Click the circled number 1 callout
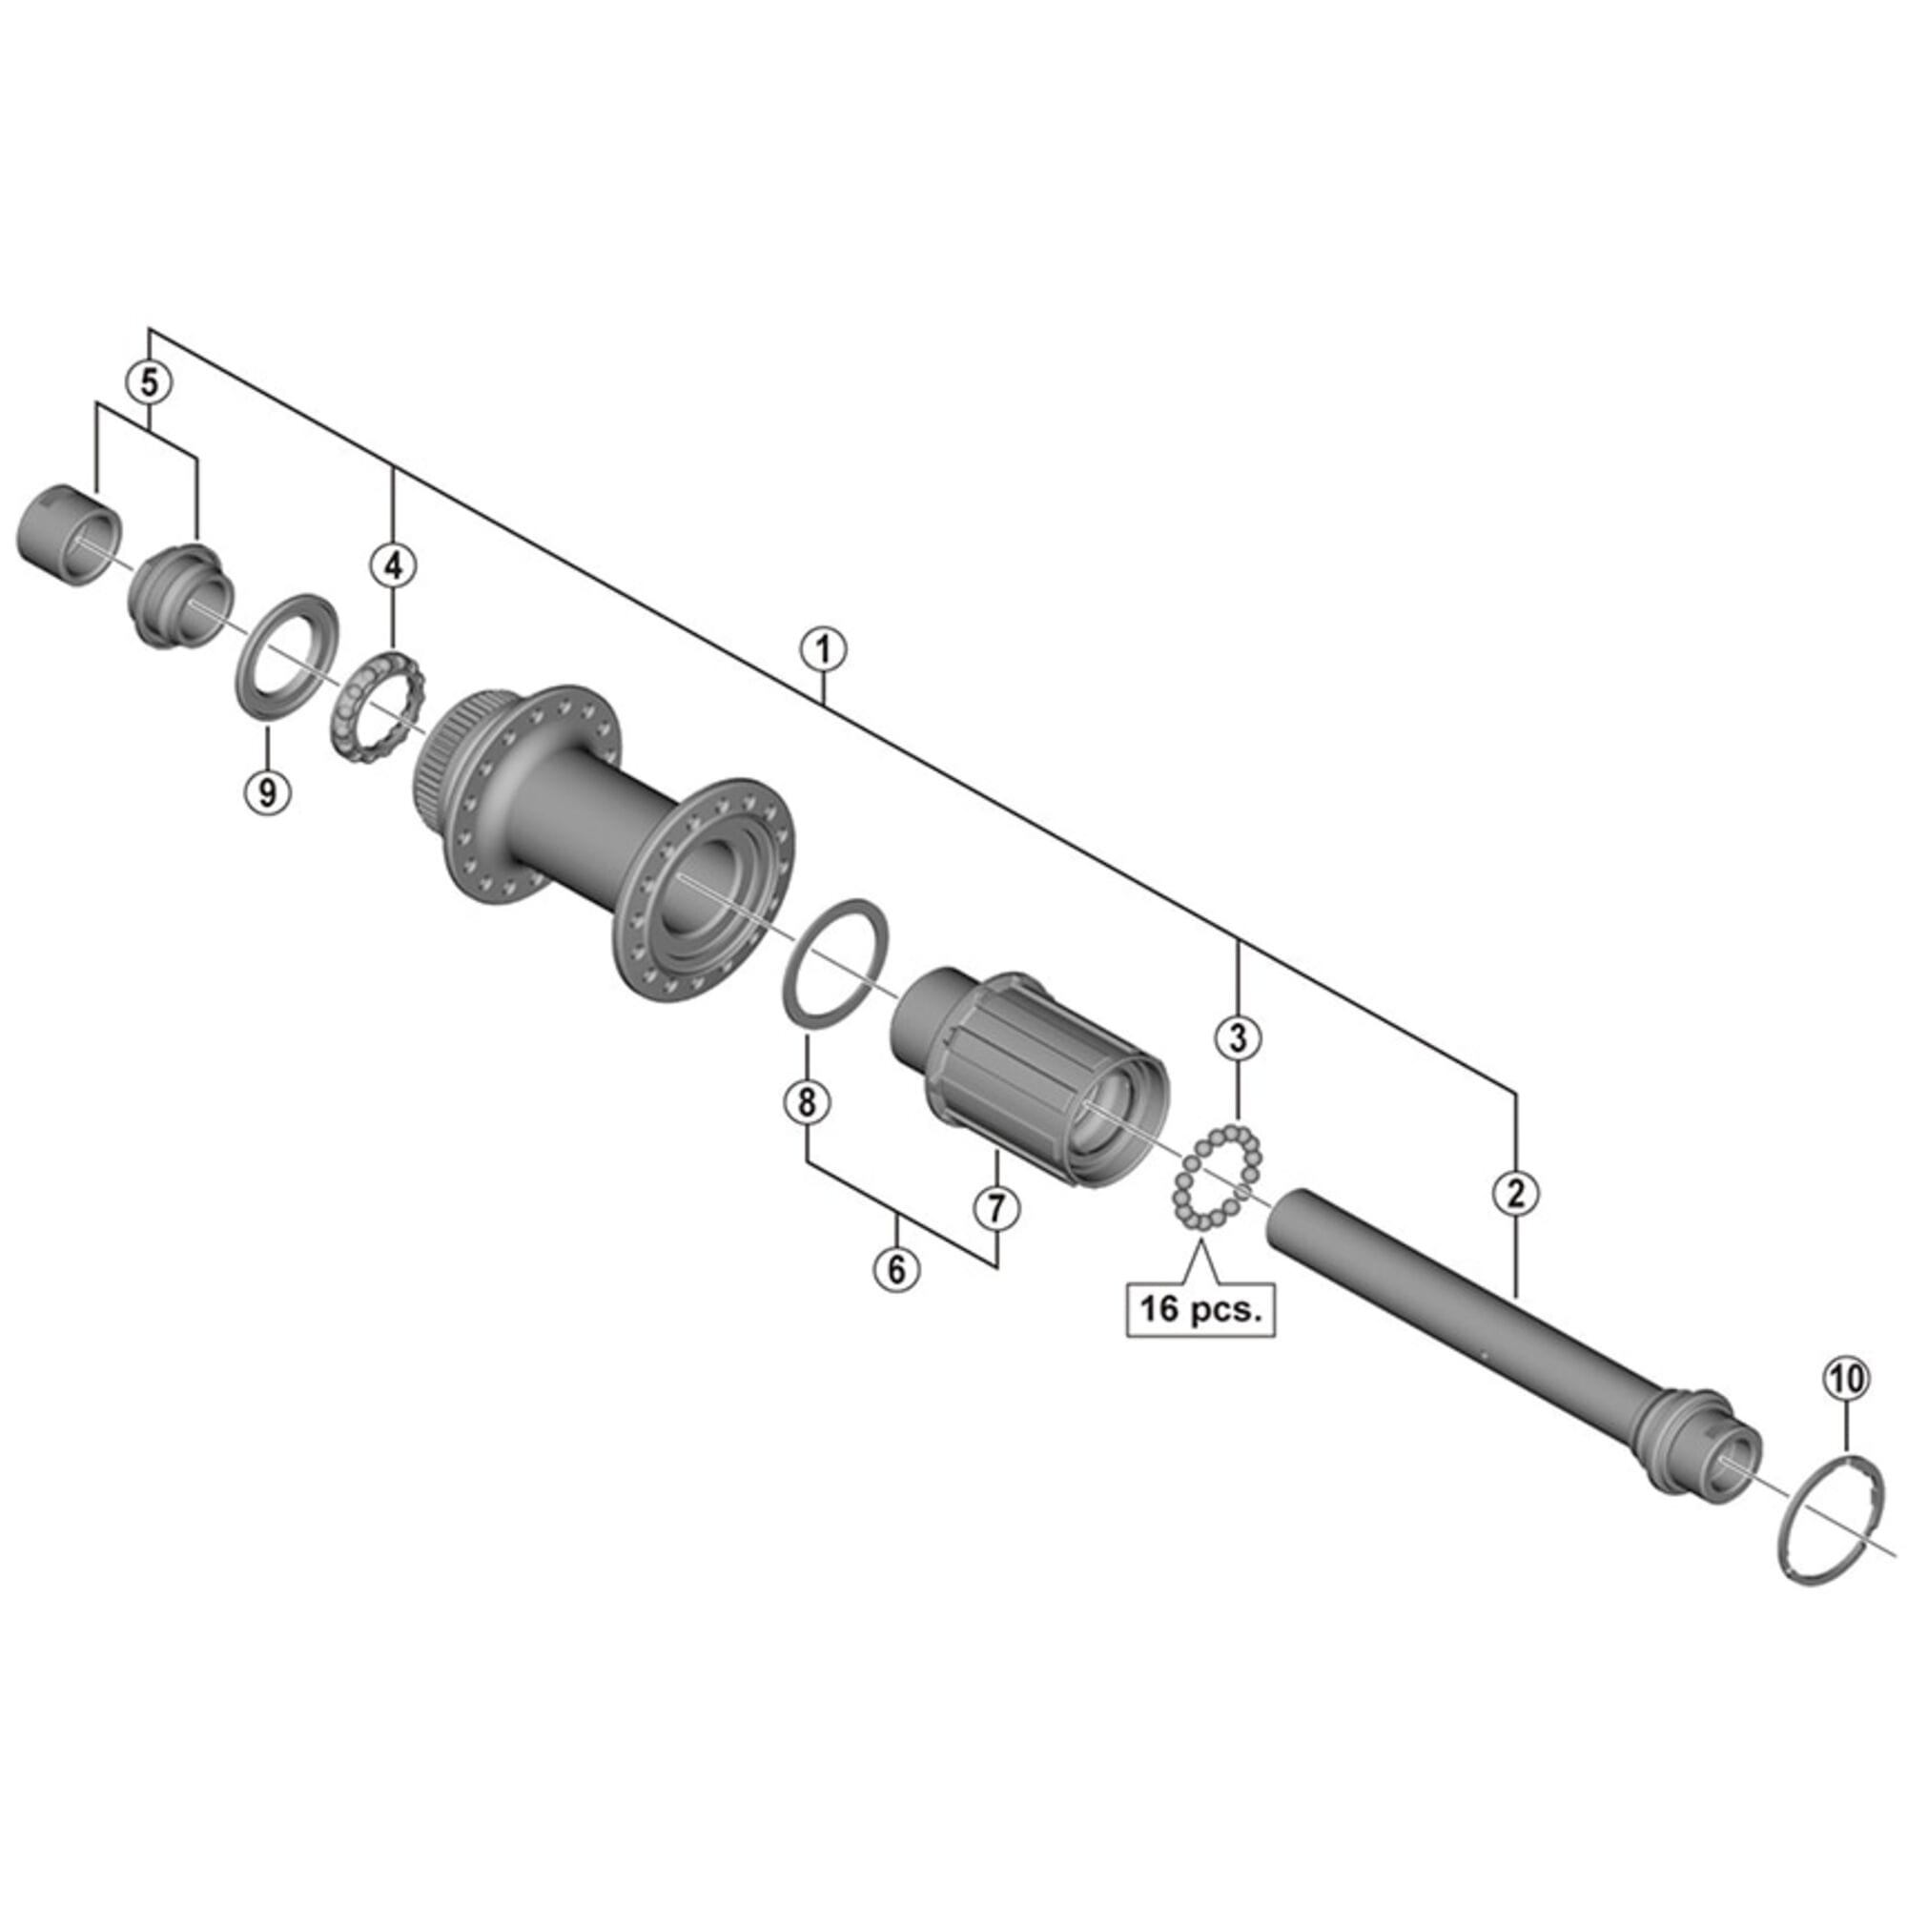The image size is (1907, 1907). [x=823, y=651]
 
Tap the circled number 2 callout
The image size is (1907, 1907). [x=1516, y=1194]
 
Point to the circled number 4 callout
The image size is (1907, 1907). [x=393, y=565]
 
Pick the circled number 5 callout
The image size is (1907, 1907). [x=149, y=381]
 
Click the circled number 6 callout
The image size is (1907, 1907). [x=896, y=1268]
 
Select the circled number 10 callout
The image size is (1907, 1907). [x=1848, y=1380]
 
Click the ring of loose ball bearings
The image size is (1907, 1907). [x=1220, y=1178]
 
